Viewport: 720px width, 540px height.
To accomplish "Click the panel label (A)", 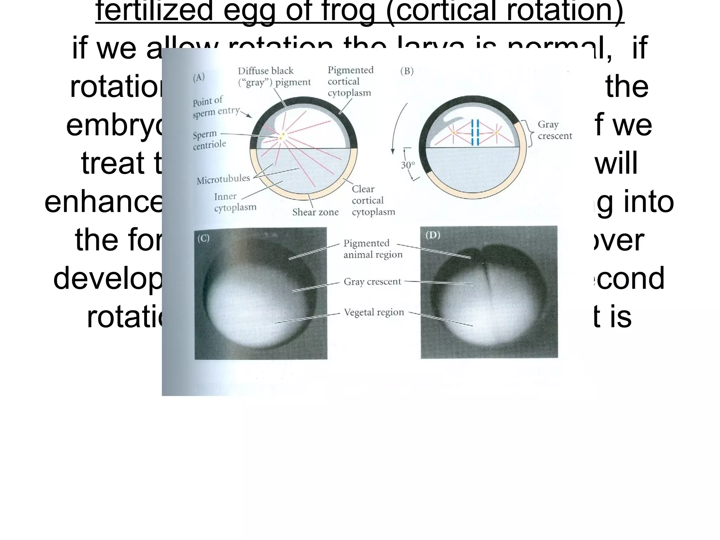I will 199,77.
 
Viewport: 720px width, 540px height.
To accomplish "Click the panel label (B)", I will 407,71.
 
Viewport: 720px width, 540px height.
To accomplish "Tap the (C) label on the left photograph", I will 203,238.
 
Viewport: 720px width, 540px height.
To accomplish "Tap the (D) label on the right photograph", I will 433,235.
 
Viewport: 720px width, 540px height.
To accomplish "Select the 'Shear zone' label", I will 315,212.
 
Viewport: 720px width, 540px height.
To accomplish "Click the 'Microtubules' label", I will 223,180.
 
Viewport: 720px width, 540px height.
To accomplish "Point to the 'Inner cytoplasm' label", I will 235,202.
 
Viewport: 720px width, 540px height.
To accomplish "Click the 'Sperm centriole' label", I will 209,140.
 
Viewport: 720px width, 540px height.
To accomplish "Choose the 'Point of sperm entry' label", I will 215,107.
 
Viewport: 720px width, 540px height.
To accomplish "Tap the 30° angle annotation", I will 408,165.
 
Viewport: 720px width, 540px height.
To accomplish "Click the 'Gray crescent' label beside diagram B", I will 555,130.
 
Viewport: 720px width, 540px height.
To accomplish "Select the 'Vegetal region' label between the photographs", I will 374,312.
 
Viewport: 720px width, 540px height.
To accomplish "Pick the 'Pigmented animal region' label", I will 373,249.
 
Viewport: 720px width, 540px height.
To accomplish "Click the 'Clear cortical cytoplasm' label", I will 373,200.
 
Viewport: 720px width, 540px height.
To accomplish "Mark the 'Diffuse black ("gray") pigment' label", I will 274,76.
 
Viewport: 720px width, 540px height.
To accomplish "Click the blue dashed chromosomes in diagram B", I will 475,133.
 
